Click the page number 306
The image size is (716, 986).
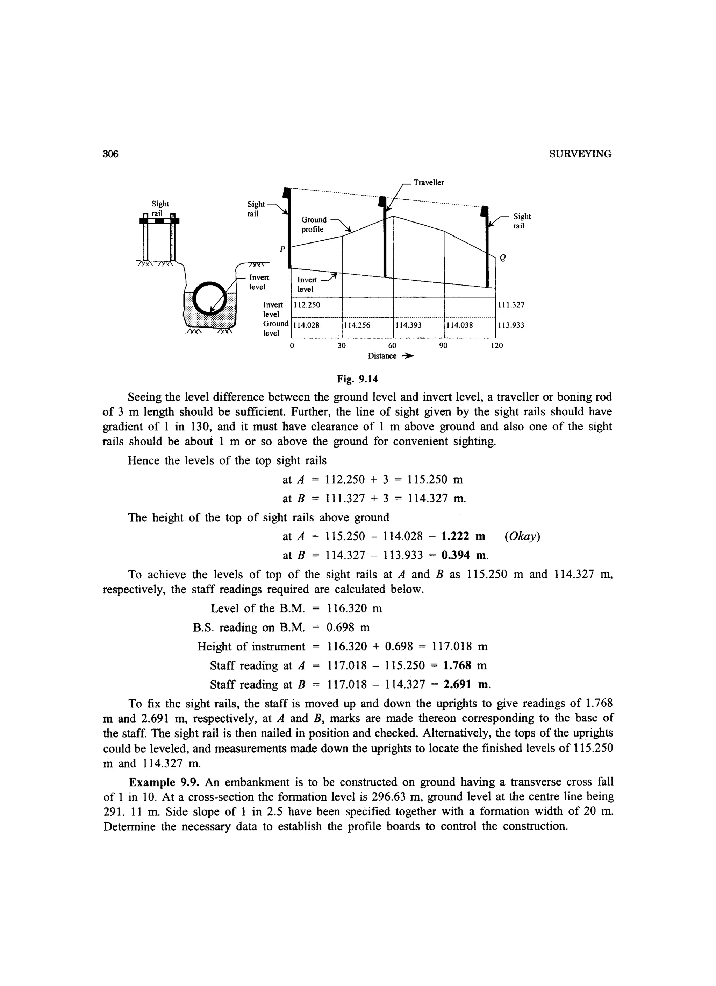111,154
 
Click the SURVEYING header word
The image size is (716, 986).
580,154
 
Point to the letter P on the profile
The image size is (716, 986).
282,249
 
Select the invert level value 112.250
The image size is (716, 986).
307,305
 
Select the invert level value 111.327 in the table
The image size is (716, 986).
511,305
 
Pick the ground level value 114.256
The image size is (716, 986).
358,325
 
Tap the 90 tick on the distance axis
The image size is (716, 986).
443,346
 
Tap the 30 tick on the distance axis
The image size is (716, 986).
342,346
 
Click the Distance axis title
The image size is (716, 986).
382,356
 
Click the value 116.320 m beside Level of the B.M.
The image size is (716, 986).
355,608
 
